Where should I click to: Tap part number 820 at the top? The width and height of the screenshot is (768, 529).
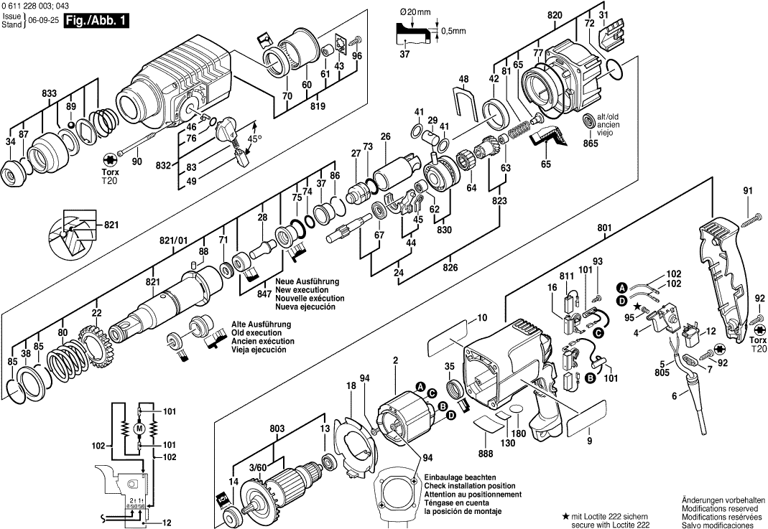(555, 15)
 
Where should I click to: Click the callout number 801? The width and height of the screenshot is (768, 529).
(604, 228)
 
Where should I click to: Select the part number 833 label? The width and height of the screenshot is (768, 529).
(50, 93)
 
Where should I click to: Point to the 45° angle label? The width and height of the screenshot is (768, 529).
(255, 139)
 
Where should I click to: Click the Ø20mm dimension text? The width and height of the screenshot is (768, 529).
(415, 11)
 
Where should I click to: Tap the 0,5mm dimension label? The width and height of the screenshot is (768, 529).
(453, 31)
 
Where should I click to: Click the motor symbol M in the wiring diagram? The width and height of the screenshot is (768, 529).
(140, 429)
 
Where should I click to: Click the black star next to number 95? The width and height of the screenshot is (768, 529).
(637, 306)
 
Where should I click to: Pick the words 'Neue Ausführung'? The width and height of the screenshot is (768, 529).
(307, 282)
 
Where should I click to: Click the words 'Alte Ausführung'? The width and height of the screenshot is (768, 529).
(261, 324)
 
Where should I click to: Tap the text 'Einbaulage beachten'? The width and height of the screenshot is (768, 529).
(460, 477)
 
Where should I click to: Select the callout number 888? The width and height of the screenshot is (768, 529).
(486, 454)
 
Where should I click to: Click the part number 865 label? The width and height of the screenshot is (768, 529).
(591, 144)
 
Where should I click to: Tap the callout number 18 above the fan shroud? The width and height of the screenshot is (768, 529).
(351, 385)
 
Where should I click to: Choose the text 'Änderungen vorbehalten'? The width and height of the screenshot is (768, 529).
(723, 500)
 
